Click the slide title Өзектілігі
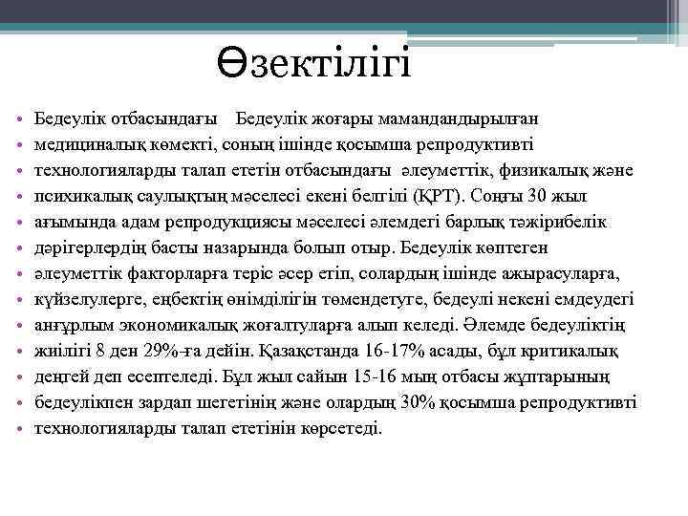pyautogui.click(x=312, y=68)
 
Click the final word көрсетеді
pyautogui.click(x=340, y=428)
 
